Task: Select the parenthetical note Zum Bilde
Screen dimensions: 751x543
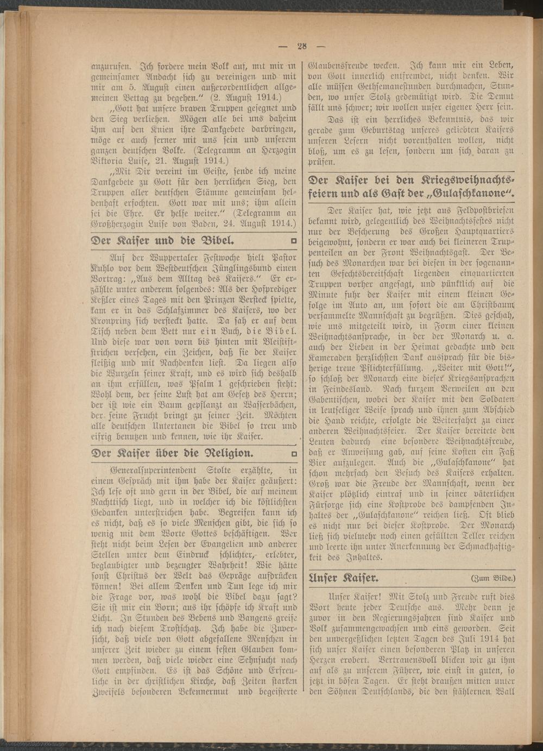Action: tap(493, 577)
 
